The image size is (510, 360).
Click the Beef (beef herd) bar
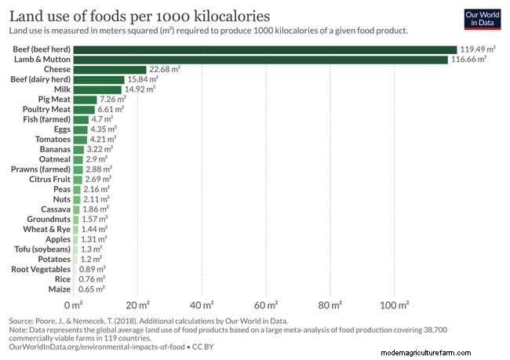[x=265, y=49]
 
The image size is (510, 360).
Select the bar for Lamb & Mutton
[x=260, y=60]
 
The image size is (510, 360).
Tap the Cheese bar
[x=110, y=70]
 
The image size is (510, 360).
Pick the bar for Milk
[x=97, y=89]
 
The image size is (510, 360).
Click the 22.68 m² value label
[x=165, y=70]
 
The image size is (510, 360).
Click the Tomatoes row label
[x=50, y=140]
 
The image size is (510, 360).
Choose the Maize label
[x=59, y=289]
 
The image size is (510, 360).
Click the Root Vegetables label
[x=41, y=269]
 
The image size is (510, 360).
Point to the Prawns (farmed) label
[x=41, y=169]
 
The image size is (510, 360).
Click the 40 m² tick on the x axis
[x=202, y=304]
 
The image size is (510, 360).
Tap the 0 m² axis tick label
[x=73, y=304]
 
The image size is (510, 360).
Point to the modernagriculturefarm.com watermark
[x=443, y=353]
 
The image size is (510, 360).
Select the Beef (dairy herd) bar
[x=99, y=79]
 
